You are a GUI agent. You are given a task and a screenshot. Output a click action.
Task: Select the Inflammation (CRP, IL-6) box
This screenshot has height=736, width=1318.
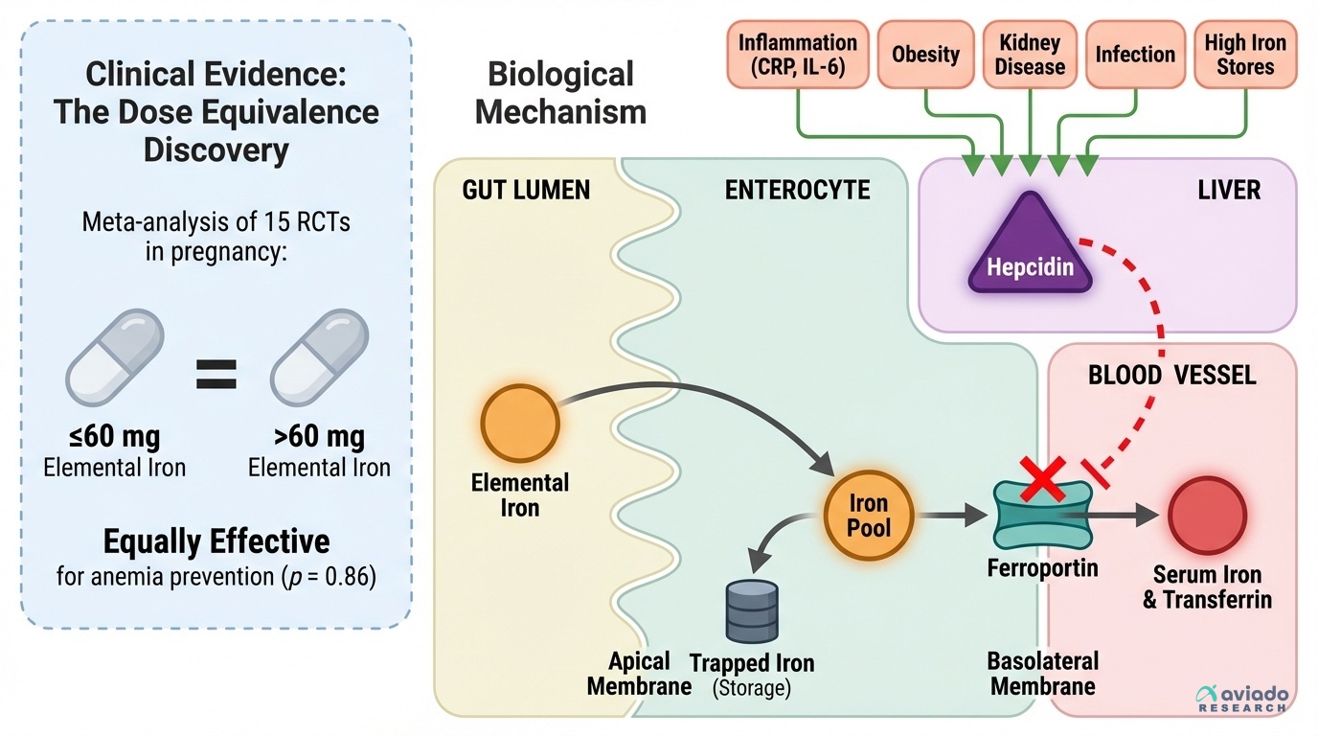[797, 55]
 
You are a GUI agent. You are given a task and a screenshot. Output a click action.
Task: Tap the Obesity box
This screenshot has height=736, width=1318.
[925, 55]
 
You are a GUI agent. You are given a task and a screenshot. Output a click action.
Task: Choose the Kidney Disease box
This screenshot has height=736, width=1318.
[1031, 55]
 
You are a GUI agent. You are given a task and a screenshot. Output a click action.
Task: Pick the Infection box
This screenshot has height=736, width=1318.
[1135, 55]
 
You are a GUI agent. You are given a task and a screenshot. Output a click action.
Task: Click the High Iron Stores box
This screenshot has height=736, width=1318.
[1245, 55]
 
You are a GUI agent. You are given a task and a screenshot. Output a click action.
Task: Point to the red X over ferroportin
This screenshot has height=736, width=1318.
[1040, 478]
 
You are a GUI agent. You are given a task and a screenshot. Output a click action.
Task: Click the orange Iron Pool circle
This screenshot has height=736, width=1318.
[869, 516]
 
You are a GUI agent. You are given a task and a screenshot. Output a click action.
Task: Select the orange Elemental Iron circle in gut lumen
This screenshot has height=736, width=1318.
[519, 423]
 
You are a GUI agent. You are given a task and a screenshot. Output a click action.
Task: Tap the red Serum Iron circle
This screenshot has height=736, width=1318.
[1207, 514]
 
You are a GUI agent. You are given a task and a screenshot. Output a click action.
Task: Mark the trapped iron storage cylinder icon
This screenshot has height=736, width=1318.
[752, 610]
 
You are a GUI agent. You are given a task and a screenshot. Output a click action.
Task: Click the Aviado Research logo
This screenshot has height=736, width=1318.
[1242, 699]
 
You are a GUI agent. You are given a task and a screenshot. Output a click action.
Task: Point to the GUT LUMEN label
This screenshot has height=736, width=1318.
[526, 190]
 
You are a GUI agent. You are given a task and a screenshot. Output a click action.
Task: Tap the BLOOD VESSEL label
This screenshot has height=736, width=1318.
[1171, 375]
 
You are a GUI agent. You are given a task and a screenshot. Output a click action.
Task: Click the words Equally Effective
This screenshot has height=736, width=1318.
[216, 541]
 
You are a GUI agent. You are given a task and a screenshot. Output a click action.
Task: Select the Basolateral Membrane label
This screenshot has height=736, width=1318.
[1043, 674]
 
